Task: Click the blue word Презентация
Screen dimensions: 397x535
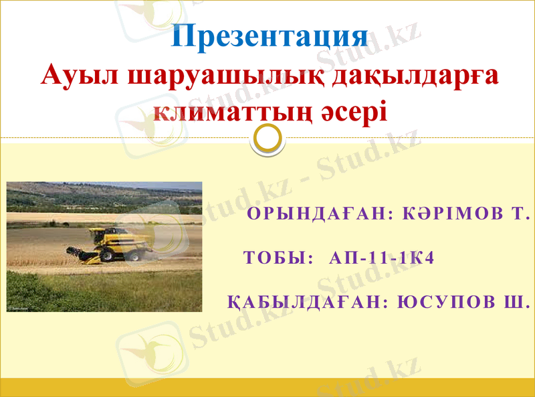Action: point(269,36)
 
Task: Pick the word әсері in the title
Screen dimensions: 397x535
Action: point(356,109)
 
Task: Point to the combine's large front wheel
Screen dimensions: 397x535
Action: point(106,254)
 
